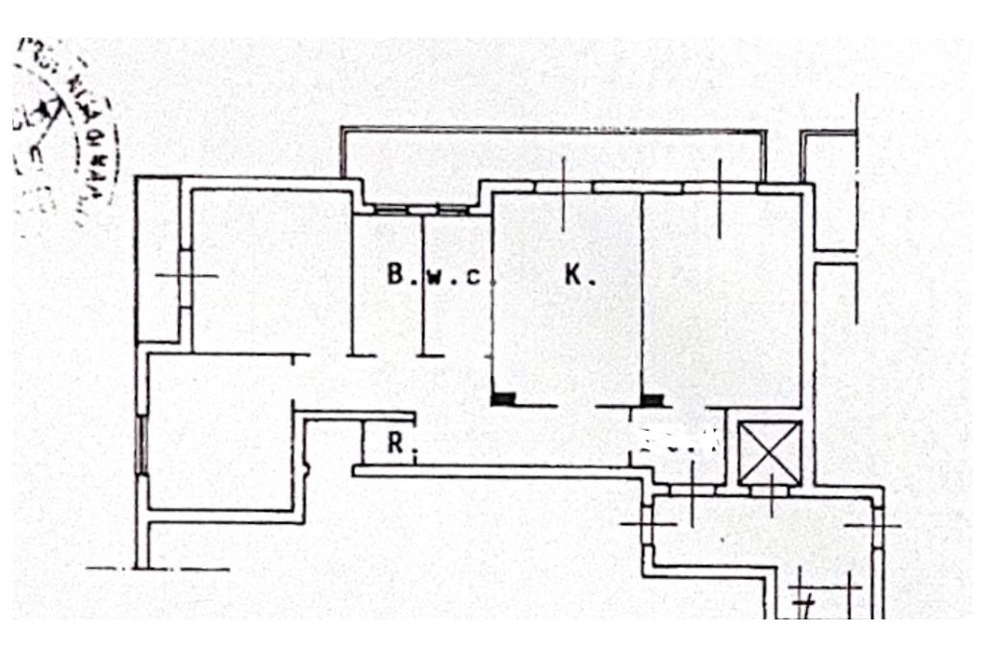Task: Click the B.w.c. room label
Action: [439, 276]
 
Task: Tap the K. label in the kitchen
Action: [579, 276]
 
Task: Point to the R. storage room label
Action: [395, 444]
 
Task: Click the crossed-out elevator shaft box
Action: [770, 452]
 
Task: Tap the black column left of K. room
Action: [503, 398]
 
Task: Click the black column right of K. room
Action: [652, 398]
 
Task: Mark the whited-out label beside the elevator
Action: [679, 441]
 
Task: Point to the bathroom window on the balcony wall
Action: [421, 209]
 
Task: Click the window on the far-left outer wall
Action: [143, 444]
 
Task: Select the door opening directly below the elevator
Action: [770, 491]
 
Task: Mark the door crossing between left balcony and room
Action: [185, 277]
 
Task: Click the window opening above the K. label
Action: [564, 187]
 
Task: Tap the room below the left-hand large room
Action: [221, 433]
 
